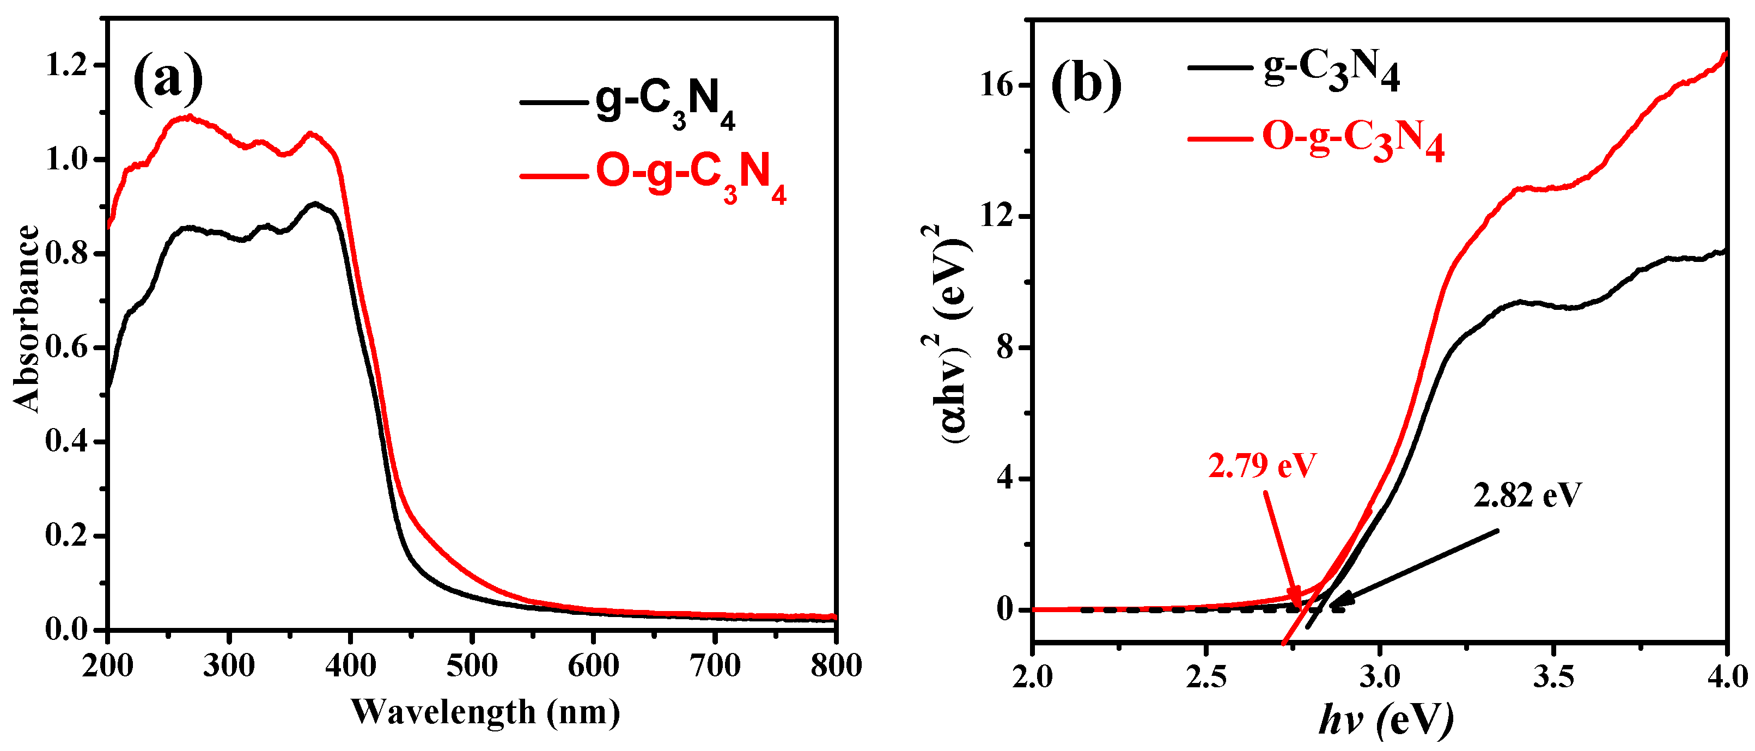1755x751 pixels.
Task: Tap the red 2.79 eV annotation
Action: coord(1262,466)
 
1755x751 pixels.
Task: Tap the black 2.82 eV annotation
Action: coord(1527,495)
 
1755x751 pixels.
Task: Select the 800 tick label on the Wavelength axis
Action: coord(835,665)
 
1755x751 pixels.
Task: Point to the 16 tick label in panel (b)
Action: coord(996,85)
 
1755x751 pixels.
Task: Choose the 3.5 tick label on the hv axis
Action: coord(1553,677)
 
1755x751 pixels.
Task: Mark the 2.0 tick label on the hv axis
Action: coord(1033,677)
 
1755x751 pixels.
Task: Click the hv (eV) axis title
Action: coord(1386,721)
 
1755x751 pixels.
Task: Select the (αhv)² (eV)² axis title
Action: coord(957,334)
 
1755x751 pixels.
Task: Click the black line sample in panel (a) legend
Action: coord(553,102)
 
